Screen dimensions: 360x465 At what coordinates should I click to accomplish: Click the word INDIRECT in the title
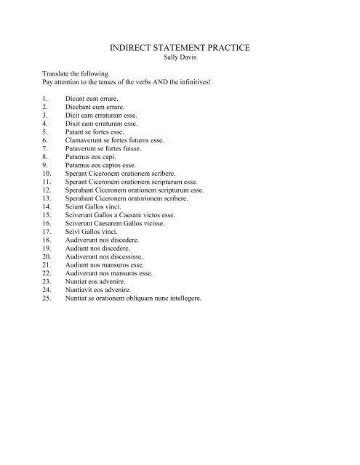point(130,47)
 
